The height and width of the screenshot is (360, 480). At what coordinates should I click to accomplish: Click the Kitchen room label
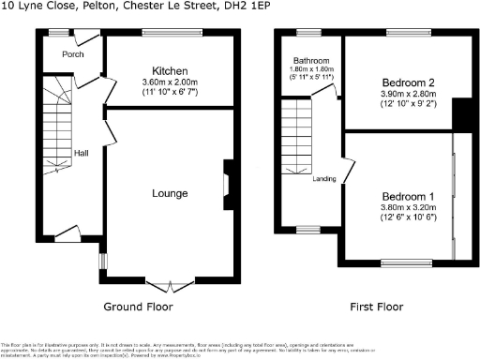tap(170, 71)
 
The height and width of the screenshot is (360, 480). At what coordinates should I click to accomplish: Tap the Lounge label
tap(170, 194)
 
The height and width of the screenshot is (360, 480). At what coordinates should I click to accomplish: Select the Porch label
tap(72, 54)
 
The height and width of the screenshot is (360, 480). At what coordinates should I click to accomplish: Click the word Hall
tap(81, 153)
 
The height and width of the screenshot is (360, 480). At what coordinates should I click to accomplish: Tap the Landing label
tap(324, 179)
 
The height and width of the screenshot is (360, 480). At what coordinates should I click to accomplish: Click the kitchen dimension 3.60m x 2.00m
tap(170, 82)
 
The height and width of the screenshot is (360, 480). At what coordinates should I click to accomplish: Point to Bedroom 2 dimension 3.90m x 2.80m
tap(398, 95)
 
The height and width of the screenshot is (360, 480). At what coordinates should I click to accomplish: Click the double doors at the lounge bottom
tap(170, 282)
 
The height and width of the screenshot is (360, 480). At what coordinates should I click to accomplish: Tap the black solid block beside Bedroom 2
tap(458, 114)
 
